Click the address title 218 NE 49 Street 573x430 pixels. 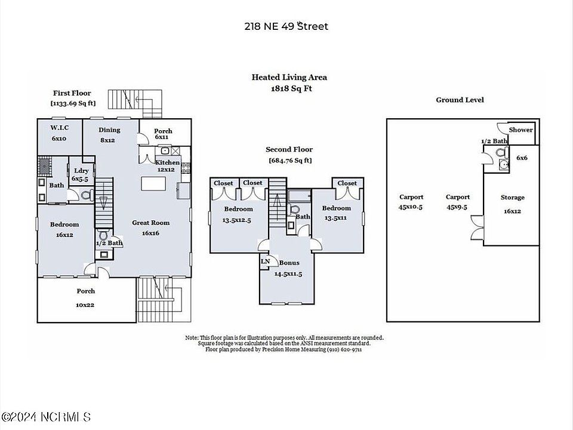click(x=286, y=26)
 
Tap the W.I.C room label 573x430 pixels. click(x=60, y=128)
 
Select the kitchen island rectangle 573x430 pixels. click(x=153, y=183)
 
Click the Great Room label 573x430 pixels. click(x=150, y=223)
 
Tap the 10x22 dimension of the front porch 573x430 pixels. click(x=85, y=305)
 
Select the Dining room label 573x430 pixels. click(x=109, y=130)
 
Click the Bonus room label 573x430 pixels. click(x=289, y=263)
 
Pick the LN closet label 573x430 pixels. click(x=265, y=261)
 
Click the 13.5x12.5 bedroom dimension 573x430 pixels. click(x=237, y=220)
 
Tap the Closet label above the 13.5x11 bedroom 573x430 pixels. click(x=347, y=183)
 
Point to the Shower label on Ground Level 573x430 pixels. click(x=520, y=130)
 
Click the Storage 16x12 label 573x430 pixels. click(x=512, y=204)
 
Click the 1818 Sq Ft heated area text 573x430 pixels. click(x=291, y=88)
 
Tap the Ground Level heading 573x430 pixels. click(x=460, y=100)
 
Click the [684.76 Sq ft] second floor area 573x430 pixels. click(x=290, y=160)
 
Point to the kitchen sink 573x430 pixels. click(x=165, y=150)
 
